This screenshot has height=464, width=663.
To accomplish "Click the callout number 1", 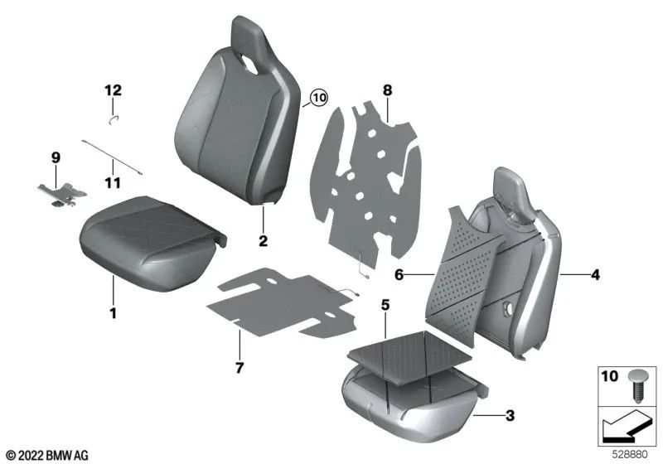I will pos(114,313).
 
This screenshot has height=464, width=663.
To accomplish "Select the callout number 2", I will pos(263,242).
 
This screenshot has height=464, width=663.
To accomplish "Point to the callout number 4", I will pos(594,275).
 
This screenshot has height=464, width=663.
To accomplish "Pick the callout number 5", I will pos(385,305).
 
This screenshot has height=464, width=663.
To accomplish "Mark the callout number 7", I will pos(238,366).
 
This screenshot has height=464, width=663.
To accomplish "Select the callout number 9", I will pos(56,157).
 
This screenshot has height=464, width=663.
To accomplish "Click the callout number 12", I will pos(113,89).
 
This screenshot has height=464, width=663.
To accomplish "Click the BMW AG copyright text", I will pos(46,455).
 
